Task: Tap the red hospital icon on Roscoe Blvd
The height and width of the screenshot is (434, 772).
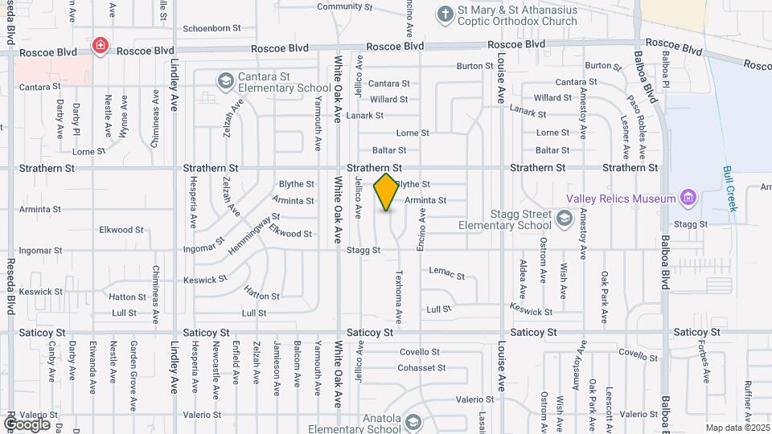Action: [101, 46]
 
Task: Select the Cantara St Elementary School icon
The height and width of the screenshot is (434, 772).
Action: [225, 81]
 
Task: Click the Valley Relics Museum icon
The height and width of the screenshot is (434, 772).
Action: [687, 198]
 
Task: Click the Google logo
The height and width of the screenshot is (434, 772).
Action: [27, 424]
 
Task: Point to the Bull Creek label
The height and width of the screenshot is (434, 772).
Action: [730, 190]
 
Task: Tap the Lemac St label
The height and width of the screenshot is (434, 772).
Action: [447, 274]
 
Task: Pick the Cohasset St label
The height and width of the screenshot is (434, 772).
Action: [422, 368]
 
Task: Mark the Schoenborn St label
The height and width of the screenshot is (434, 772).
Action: [212, 28]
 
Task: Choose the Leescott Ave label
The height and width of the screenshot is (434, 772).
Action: [610, 397]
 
